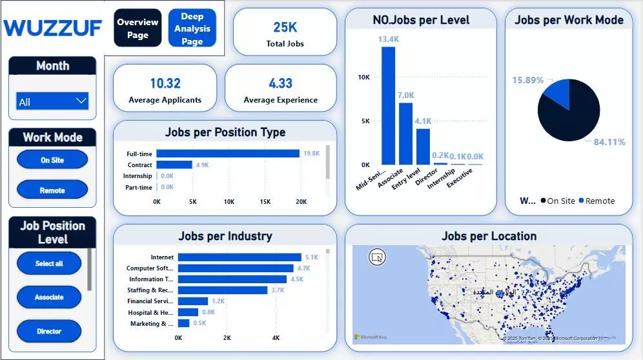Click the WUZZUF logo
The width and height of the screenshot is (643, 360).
[53, 28]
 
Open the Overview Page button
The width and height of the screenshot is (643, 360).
[137, 28]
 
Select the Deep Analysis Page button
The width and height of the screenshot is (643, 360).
[192, 28]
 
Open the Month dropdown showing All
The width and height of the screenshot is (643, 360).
[52, 101]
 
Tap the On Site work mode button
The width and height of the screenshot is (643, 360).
[52, 160]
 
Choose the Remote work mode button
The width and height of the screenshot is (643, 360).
[52, 190]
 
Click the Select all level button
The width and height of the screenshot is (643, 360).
[49, 263]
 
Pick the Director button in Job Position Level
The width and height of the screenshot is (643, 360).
[49, 331]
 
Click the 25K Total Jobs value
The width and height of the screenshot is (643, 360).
[285, 27]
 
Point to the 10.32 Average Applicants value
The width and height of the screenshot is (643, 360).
[165, 83]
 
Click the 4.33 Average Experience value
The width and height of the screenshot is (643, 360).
[280, 83]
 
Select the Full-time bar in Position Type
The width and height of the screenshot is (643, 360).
[228, 154]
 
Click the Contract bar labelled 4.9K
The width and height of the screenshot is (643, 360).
[174, 165]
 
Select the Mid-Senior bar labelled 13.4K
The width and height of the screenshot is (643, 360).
[388, 106]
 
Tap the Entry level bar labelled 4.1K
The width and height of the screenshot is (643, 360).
[423, 146]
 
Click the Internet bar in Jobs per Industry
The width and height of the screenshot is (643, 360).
[240, 257]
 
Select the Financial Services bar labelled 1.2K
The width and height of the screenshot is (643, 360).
[193, 301]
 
